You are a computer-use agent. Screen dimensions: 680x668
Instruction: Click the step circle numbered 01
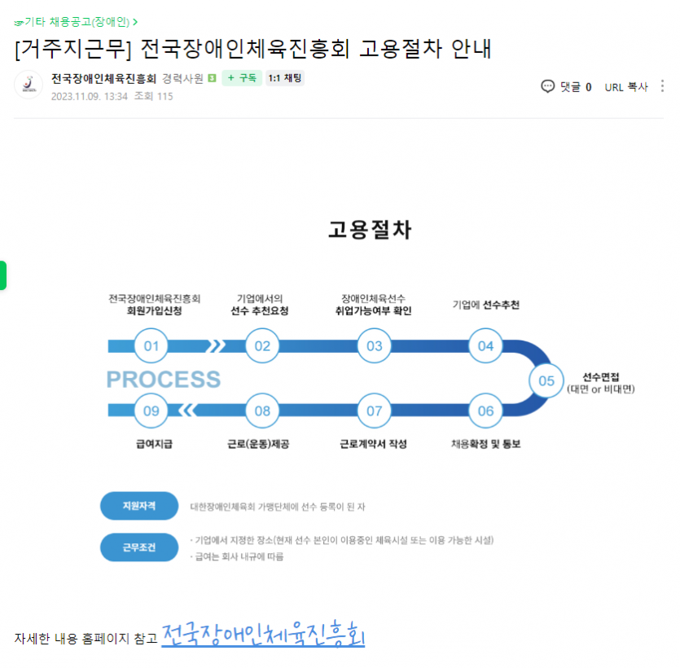(x=151, y=345)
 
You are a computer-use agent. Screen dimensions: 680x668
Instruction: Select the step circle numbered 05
(x=546, y=381)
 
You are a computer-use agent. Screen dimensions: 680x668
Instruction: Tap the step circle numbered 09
(x=151, y=411)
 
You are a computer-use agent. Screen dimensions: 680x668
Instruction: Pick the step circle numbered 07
(x=375, y=411)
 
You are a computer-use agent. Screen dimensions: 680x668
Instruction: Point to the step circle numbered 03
(x=375, y=345)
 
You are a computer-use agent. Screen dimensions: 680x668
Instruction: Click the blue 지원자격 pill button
(x=139, y=506)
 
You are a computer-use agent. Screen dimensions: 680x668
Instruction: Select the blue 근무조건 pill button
(x=139, y=547)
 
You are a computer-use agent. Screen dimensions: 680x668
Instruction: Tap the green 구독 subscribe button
(x=242, y=78)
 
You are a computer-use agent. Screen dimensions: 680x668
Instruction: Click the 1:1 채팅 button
(x=285, y=78)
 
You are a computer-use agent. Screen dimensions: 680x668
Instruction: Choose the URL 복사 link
(x=626, y=87)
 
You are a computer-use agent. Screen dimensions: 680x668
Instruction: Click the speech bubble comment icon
(x=548, y=86)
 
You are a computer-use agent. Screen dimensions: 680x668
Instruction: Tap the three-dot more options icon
(x=662, y=86)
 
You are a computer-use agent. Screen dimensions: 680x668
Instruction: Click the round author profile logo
(x=29, y=85)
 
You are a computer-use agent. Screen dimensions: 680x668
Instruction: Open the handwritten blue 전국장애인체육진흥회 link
(x=263, y=634)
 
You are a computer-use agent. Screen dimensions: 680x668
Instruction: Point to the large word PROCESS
(x=164, y=379)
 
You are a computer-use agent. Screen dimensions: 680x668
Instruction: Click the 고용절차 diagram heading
(x=370, y=230)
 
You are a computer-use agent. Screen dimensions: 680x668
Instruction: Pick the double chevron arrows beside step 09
(x=188, y=411)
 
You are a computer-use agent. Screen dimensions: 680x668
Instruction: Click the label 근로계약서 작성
(x=374, y=444)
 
